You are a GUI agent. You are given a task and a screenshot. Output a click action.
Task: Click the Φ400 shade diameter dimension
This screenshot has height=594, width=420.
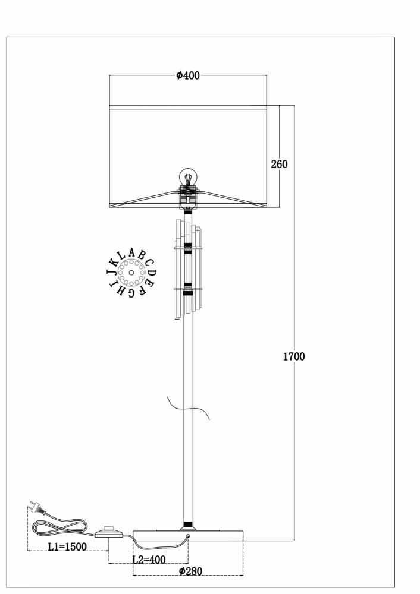click(x=188, y=75)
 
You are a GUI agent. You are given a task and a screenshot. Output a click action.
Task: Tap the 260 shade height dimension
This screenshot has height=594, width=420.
click(x=279, y=164)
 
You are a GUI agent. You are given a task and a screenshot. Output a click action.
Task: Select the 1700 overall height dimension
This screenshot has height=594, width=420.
click(x=294, y=356)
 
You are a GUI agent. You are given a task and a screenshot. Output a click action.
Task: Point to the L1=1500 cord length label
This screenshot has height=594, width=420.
click(x=67, y=546)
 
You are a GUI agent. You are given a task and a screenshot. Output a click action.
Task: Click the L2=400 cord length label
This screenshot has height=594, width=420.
click(x=149, y=560)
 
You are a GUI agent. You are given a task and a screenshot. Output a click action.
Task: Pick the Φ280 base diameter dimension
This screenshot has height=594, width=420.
click(x=190, y=571)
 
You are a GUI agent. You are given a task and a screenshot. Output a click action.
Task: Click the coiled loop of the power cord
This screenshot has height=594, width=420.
click(x=59, y=527)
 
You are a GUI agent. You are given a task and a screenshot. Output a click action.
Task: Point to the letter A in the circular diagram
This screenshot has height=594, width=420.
click(x=131, y=252)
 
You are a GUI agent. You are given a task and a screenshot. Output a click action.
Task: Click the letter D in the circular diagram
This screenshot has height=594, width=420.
click(x=152, y=273)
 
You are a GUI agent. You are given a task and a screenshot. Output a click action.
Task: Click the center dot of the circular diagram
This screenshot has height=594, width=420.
click(x=131, y=273)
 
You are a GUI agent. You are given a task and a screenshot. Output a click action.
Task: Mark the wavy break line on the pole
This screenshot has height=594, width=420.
click(x=189, y=408)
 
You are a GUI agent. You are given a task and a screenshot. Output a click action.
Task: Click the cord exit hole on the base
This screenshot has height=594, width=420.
click(x=188, y=536)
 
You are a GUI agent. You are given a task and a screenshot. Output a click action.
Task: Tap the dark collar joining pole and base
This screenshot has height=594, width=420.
click(x=187, y=525)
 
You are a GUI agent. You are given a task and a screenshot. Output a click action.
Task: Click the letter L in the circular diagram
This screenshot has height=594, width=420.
click(x=121, y=255)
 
